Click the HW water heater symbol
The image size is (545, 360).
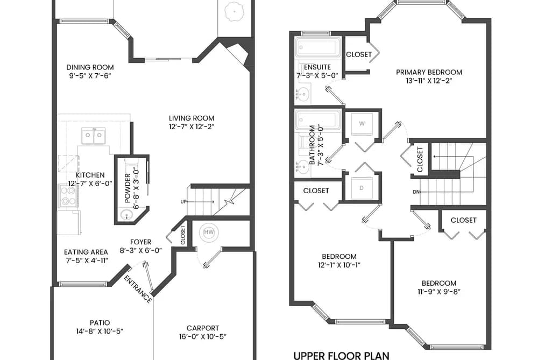[209, 232]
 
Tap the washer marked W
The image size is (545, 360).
[362, 124]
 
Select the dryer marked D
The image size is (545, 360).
[362, 188]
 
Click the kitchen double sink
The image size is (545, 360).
[94, 136]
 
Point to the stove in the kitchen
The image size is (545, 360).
[68, 196]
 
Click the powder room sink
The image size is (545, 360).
[126, 215]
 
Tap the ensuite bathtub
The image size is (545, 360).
[318, 47]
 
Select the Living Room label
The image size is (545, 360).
[192, 118]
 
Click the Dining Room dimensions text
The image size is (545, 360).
[90, 76]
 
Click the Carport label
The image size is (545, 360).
[203, 328]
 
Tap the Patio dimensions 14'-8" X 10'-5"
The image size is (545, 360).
[100, 331]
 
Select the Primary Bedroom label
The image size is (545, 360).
[429, 72]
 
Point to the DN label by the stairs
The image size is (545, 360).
[416, 192]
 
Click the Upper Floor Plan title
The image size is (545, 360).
[341, 356]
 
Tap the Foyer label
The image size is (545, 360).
[141, 242]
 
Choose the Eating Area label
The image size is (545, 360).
[86, 252]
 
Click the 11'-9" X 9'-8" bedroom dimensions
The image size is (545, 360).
[439, 292]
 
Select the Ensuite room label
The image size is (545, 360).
[317, 67]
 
